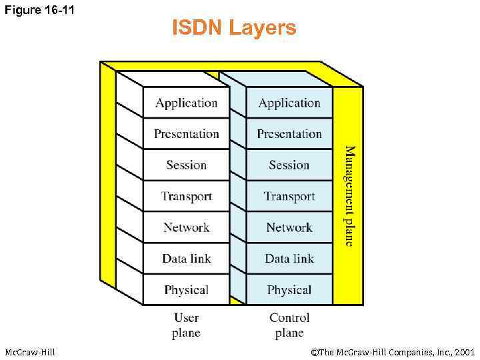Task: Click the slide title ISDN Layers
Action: tap(234, 29)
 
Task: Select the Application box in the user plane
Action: tap(186, 103)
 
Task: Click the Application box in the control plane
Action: tap(289, 103)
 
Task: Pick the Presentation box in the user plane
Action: tap(186, 134)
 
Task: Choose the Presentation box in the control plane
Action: tap(289, 134)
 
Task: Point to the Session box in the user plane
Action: tap(186, 165)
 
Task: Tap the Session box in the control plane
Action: tap(289, 165)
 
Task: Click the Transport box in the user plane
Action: tap(186, 196)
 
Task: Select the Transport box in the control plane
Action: tap(289, 196)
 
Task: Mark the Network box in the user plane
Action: tap(186, 227)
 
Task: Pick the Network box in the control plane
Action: tap(289, 227)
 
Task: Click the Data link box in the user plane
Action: tap(186, 259)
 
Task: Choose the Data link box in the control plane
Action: tap(289, 259)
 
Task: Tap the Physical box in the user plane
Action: tap(186, 290)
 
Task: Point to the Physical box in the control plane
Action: tap(289, 290)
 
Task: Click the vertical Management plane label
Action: tap(349, 196)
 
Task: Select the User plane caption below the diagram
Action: tap(186, 325)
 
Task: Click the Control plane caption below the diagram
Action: tap(289, 325)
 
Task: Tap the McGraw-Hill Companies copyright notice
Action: tap(393, 351)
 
